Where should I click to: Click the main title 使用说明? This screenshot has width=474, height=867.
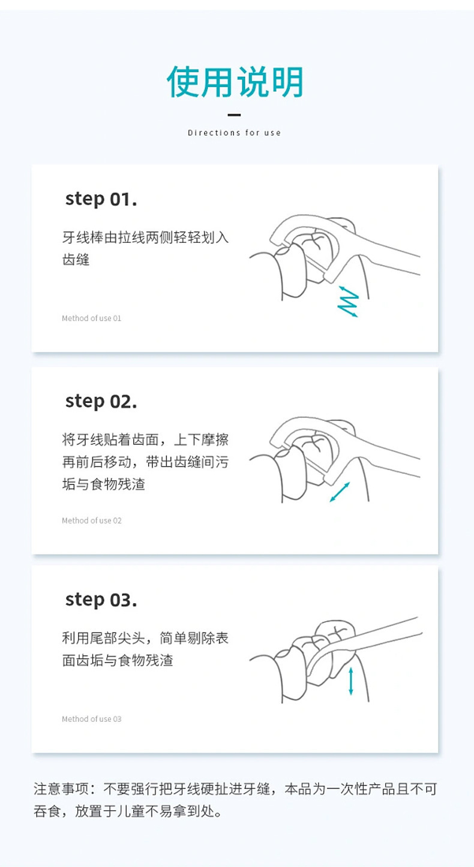click(x=235, y=82)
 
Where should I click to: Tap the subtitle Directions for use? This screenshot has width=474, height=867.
click(x=234, y=133)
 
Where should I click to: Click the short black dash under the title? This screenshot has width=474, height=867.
click(x=234, y=115)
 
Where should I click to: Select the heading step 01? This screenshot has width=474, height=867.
click(x=101, y=200)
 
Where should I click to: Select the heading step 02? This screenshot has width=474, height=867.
click(x=101, y=402)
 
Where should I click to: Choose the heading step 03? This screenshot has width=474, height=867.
click(x=101, y=600)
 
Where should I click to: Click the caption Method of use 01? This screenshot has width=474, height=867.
click(x=91, y=318)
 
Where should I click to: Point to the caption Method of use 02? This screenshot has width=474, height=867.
click(x=91, y=520)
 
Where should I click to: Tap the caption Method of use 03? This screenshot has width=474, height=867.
click(x=91, y=719)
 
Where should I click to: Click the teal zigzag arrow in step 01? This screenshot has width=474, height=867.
click(x=348, y=302)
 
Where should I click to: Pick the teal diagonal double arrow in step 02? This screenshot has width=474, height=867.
click(x=340, y=492)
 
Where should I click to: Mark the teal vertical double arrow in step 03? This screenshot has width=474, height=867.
click(x=351, y=681)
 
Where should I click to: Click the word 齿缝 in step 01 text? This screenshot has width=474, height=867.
click(x=76, y=260)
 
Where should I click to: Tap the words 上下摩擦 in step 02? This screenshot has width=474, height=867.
click(x=202, y=439)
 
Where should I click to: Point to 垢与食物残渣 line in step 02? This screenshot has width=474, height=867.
click(x=103, y=484)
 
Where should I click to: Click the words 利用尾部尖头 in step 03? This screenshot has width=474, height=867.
click(x=103, y=638)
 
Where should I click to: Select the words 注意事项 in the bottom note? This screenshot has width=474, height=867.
click(x=61, y=788)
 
